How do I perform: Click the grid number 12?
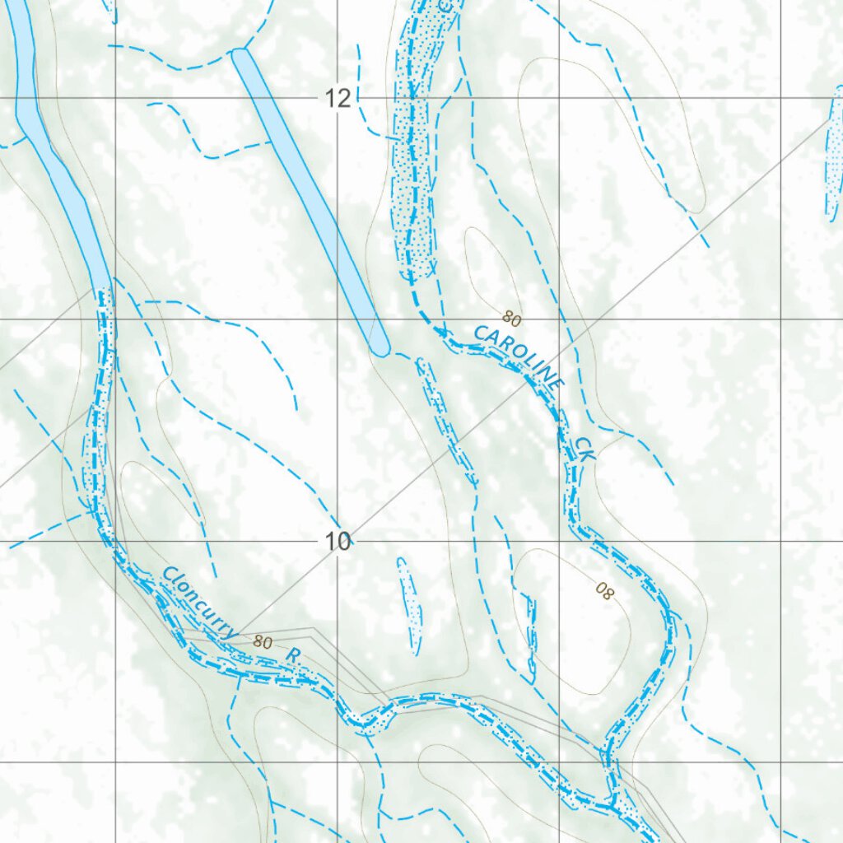point(338,98)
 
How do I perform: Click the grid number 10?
point(338,541)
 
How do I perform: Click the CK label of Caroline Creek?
point(584,449)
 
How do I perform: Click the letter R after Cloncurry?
point(294,655)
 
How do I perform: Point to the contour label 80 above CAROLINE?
point(510,317)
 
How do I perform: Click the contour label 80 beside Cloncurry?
point(263,641)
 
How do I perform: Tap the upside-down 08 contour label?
point(604,590)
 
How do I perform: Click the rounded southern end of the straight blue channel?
point(379,346)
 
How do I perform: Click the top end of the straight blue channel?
point(240,55)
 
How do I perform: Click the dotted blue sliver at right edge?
point(834,156)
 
